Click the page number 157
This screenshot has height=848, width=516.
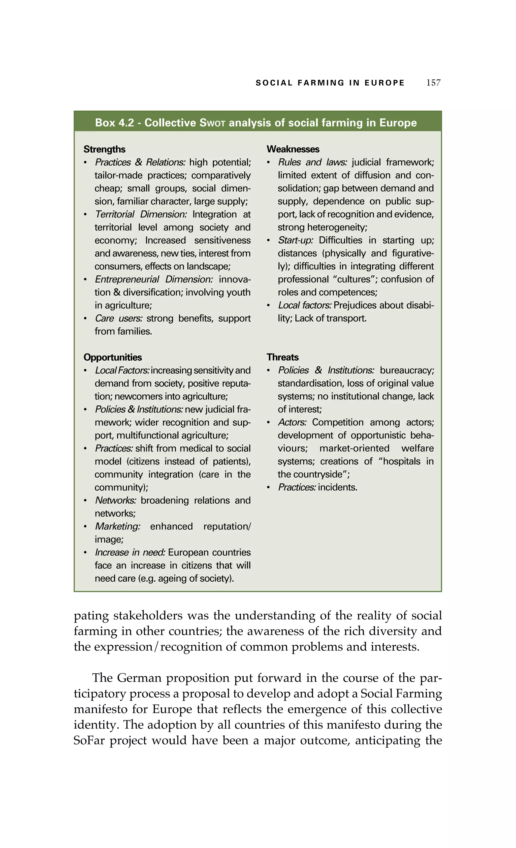click(x=433, y=83)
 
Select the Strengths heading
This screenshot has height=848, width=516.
click(x=104, y=149)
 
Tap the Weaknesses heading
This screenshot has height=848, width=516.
click(x=293, y=149)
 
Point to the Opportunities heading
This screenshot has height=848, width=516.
click(x=112, y=357)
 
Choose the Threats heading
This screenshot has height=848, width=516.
click(x=282, y=357)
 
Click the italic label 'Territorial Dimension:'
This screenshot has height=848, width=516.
click(x=141, y=214)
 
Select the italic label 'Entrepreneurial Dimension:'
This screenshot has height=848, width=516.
click(x=154, y=279)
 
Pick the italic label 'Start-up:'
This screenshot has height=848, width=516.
click(x=296, y=240)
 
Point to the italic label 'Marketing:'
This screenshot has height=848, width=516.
click(x=118, y=526)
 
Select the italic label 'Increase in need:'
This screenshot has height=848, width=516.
click(x=130, y=552)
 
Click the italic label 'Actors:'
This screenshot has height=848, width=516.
click(x=292, y=422)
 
